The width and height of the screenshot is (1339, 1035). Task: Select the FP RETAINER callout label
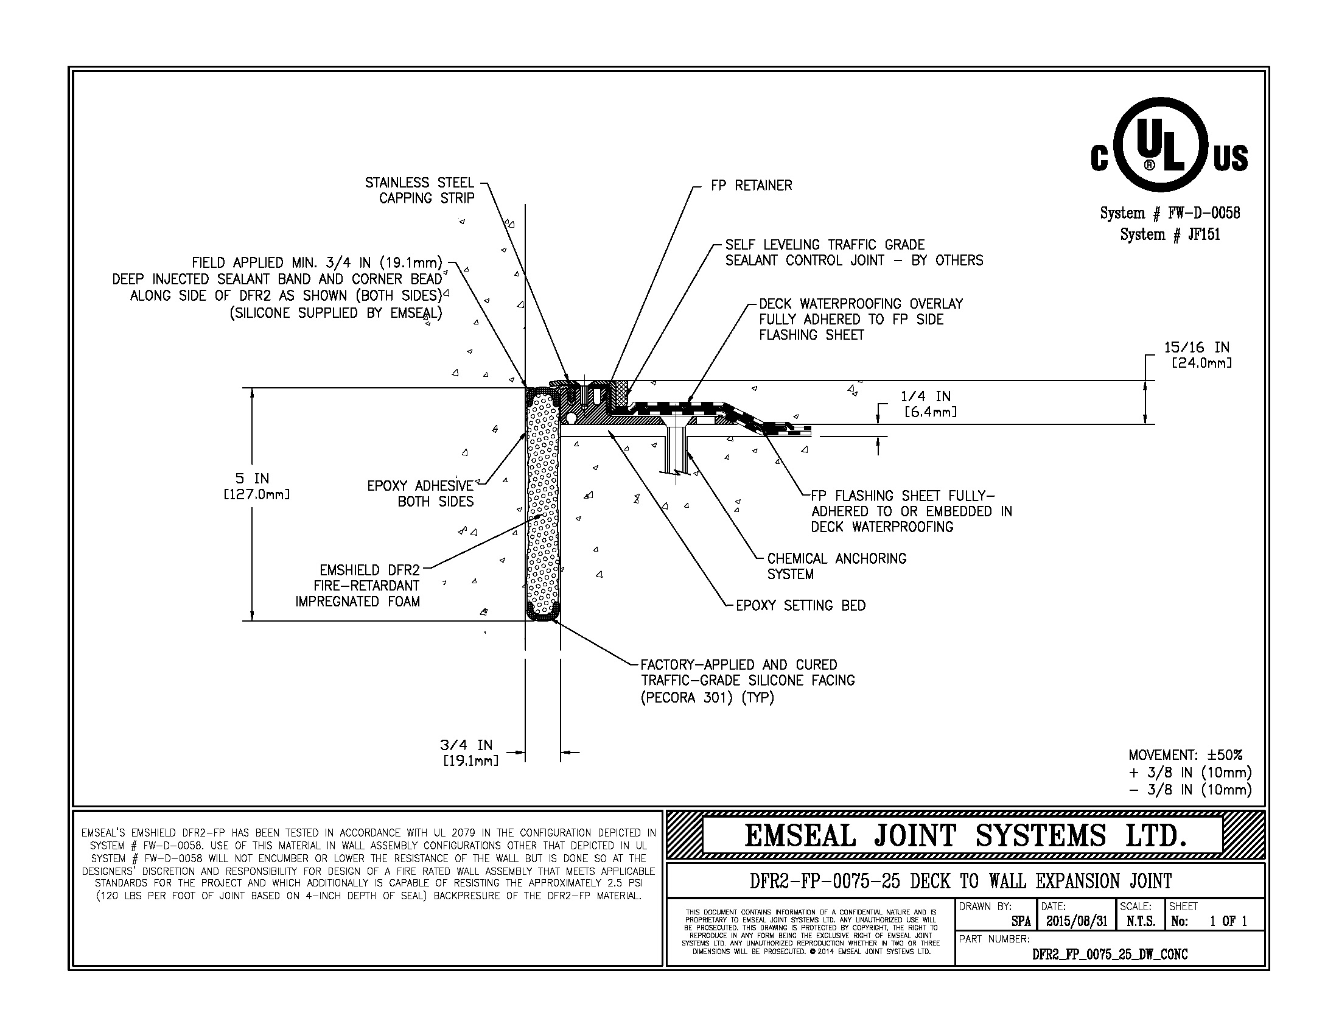click(x=751, y=185)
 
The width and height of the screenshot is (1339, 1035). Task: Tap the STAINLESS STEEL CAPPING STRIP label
click(x=420, y=190)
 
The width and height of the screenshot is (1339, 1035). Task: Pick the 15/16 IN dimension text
click(x=1197, y=355)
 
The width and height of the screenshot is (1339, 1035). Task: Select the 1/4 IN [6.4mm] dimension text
click(x=926, y=404)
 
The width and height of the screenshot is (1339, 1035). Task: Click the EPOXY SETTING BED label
click(x=800, y=606)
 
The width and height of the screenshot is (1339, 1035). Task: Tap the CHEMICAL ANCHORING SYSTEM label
click(x=836, y=566)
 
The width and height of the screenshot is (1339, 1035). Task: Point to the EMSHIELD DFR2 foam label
click(x=358, y=586)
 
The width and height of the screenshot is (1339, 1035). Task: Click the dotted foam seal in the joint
click(x=542, y=503)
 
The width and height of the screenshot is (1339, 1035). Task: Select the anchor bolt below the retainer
click(x=677, y=451)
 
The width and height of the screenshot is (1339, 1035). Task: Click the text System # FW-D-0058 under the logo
click(x=1170, y=213)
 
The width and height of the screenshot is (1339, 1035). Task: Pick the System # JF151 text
click(x=1170, y=234)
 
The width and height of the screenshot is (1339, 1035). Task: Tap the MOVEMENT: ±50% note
click(x=1185, y=755)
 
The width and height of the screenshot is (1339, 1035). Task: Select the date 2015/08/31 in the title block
click(x=1076, y=921)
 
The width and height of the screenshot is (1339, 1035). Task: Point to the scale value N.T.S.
click(x=1141, y=921)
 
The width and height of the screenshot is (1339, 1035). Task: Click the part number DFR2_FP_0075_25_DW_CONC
click(x=1110, y=954)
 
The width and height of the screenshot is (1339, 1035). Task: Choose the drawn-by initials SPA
click(x=1020, y=921)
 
